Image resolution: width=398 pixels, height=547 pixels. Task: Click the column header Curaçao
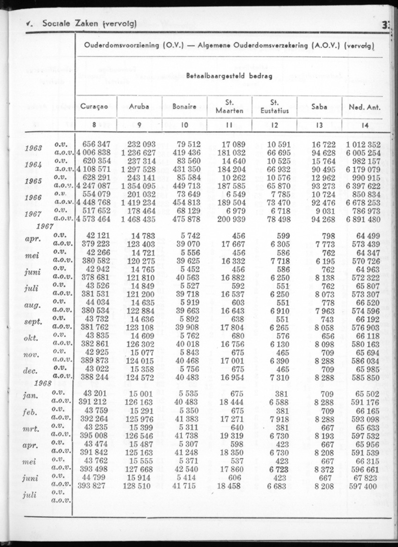(x=94, y=107)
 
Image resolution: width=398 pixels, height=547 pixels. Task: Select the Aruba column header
(x=139, y=107)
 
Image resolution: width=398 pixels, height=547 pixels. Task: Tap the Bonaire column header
(x=184, y=107)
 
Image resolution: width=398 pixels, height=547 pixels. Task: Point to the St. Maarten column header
(x=229, y=107)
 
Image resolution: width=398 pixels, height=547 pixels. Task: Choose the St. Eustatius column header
(x=274, y=107)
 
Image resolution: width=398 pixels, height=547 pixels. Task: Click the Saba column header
(x=319, y=107)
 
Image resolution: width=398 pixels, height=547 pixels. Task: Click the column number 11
(x=229, y=125)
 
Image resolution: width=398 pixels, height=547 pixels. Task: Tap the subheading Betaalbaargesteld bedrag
(x=229, y=76)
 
